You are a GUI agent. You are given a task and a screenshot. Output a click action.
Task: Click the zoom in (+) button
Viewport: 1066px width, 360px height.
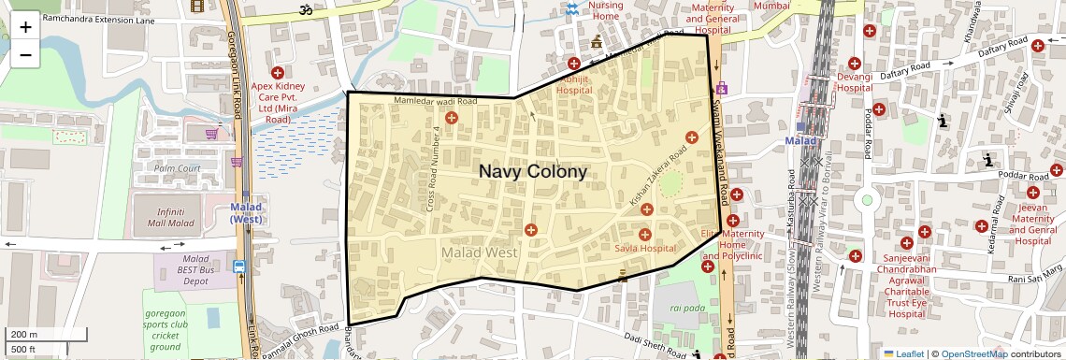[25, 26]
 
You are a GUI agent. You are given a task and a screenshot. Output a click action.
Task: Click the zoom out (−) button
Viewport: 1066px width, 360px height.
[25, 54]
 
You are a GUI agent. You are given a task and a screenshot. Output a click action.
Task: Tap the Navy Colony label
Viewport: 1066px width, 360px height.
[533, 172]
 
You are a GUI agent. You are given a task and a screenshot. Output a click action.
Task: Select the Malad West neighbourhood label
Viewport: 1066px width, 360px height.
[480, 252]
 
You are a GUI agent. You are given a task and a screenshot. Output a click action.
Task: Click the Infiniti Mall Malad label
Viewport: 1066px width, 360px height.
[164, 218]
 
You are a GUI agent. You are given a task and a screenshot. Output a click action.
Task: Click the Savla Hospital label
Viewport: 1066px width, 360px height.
[645, 249]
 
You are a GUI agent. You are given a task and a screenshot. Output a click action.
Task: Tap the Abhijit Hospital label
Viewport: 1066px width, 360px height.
[574, 85]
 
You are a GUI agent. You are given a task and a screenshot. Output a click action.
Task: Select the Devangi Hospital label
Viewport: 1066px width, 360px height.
[854, 81]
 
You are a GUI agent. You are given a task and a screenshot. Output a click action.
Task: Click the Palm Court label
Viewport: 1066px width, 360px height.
[178, 168]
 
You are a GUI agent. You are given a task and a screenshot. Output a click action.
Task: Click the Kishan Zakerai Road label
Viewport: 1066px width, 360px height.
[659, 176]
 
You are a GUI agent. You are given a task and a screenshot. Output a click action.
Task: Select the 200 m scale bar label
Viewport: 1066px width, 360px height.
[24, 334]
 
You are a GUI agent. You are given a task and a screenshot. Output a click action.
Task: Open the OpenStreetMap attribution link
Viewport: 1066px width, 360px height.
[973, 353]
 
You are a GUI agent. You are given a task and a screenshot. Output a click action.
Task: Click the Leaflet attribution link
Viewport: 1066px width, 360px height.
[903, 353]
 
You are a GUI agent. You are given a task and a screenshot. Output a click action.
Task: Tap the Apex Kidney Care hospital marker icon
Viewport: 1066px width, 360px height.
[277, 72]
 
